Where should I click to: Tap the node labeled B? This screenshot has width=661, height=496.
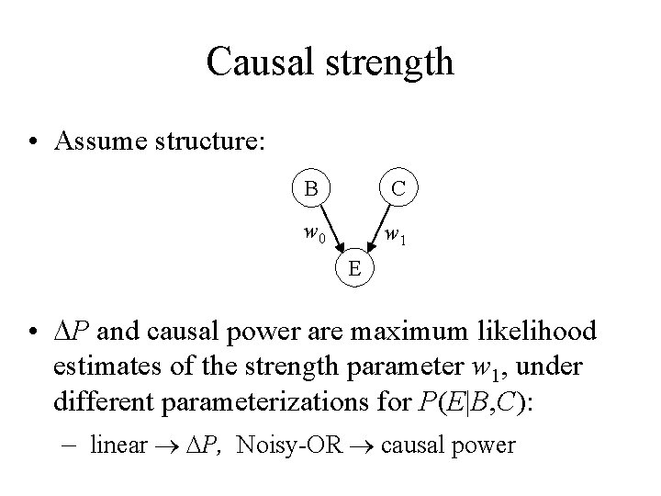tap(312, 190)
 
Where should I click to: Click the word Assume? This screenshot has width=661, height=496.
tap(102, 141)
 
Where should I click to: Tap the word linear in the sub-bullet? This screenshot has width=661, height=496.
tap(119, 446)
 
